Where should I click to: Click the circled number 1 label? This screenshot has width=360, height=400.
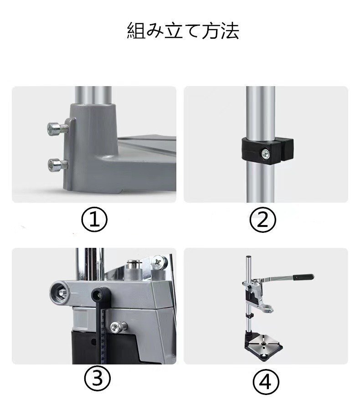click(x=94, y=219)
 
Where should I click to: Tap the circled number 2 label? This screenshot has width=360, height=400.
click(x=262, y=219)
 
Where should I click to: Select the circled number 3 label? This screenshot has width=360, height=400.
click(x=97, y=378)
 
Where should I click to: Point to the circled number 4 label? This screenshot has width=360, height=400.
click(x=266, y=382)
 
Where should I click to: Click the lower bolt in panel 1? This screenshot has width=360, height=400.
click(x=58, y=164)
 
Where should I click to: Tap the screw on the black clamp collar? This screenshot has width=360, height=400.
click(x=266, y=154)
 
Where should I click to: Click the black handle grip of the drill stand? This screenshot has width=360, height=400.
click(x=303, y=277)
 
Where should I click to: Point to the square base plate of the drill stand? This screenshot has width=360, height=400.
click(x=264, y=344)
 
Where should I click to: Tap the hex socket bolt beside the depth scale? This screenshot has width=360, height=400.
click(x=118, y=327)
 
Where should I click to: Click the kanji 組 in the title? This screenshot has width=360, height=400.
click(x=136, y=31)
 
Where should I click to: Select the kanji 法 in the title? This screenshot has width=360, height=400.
click(x=230, y=31)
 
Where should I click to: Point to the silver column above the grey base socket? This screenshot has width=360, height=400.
click(x=93, y=95)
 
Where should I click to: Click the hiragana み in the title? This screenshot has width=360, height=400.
click(x=155, y=31)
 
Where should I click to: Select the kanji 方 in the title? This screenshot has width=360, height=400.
click(x=211, y=31)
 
